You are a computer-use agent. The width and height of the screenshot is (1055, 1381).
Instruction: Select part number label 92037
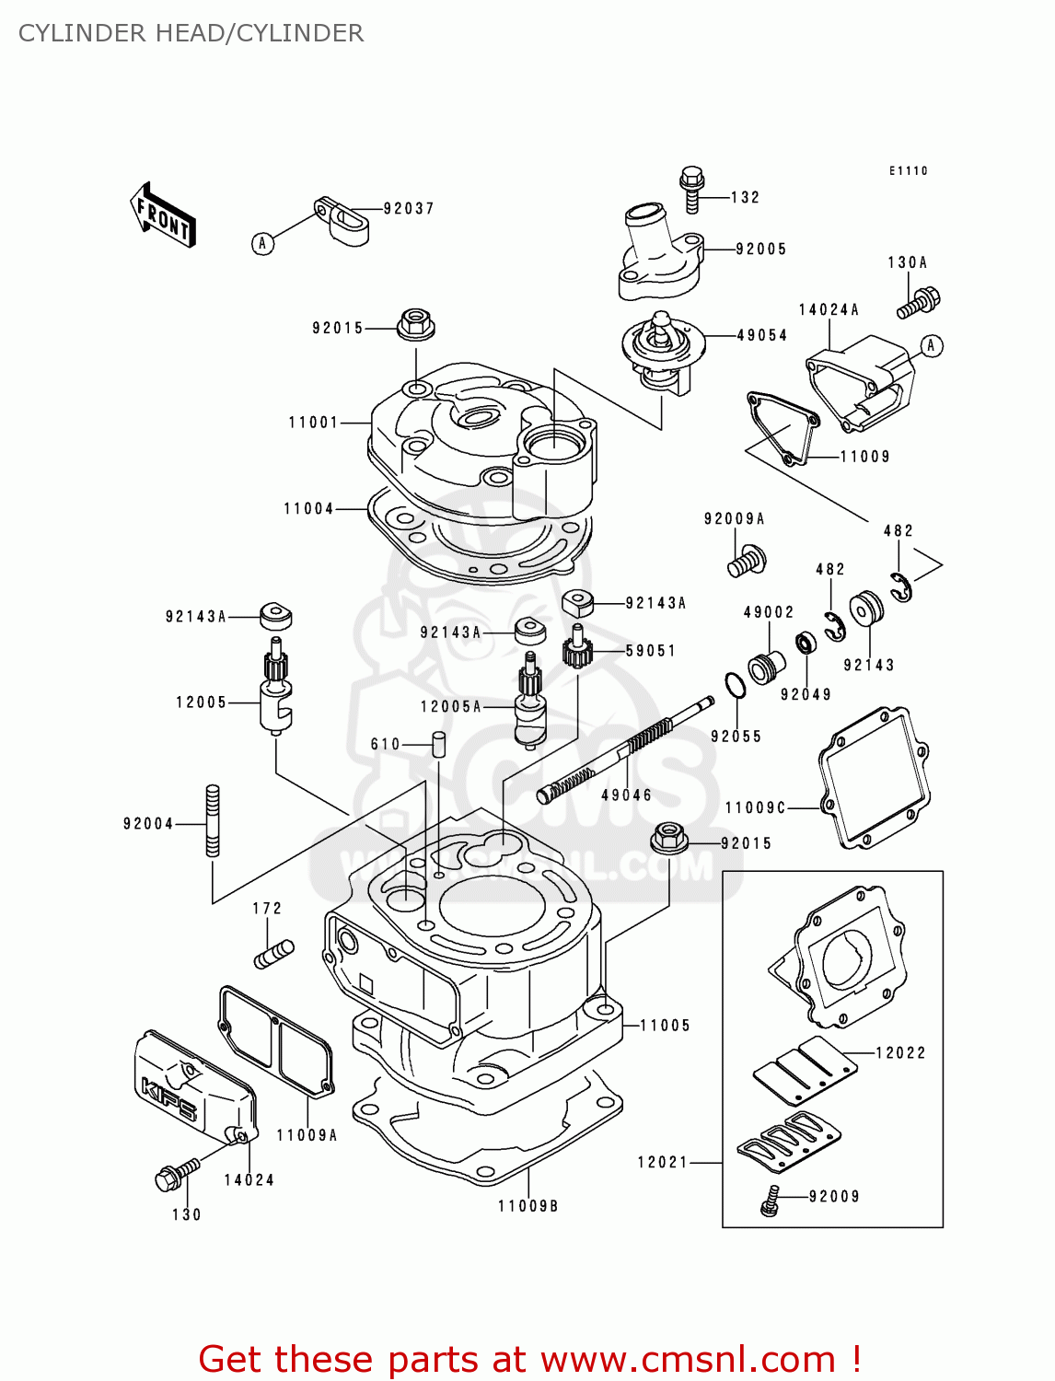coord(409,209)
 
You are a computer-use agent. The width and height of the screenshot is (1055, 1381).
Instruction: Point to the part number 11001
coord(314,423)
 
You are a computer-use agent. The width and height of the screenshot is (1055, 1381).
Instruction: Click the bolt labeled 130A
coord(920,301)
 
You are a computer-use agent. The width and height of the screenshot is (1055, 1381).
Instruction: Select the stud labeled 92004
coord(213,820)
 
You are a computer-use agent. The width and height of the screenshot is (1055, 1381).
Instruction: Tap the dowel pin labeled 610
coord(440,743)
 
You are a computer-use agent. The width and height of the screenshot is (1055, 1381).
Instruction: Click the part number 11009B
coord(528,1206)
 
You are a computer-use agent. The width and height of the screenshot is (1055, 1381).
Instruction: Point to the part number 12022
coord(900,1053)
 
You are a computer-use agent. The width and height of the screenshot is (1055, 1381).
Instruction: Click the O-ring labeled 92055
coord(735,686)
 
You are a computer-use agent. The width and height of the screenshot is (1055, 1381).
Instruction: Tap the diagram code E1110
coord(909,171)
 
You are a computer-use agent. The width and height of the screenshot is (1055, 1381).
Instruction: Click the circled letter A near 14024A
coord(932,346)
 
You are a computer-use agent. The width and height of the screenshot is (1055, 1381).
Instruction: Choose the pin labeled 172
coord(274,953)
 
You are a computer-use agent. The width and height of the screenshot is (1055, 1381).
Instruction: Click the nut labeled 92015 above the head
coord(416,324)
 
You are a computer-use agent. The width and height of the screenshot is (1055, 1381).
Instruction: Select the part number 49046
coord(626,795)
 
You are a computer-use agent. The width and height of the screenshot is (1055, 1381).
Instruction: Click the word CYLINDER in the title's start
coord(82,33)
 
